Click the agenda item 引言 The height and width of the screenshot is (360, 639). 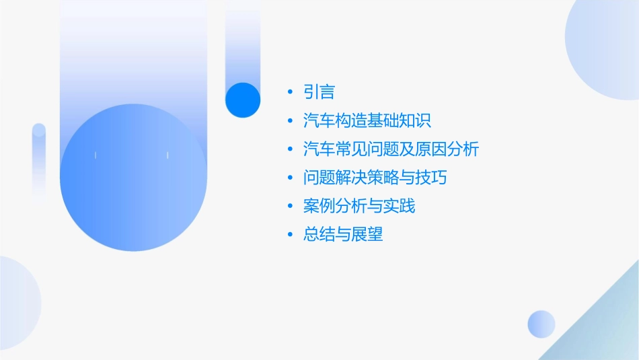click(x=319, y=92)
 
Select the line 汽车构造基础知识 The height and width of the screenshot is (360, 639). click(x=367, y=121)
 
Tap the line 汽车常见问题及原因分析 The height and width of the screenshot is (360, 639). click(x=391, y=149)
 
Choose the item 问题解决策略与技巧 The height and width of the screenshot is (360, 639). click(x=375, y=178)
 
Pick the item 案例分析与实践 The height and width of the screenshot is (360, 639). click(x=359, y=206)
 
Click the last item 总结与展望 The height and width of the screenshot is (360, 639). click(x=343, y=234)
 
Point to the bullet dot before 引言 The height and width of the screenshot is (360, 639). click(x=289, y=92)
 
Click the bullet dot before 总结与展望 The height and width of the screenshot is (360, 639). click(x=289, y=235)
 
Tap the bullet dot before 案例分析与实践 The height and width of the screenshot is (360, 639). click(x=289, y=207)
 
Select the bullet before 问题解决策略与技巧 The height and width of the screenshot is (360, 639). click(x=289, y=178)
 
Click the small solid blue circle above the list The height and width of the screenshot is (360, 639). click(x=242, y=100)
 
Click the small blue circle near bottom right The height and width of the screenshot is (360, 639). click(x=541, y=324)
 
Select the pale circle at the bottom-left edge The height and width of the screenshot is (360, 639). click(x=17, y=303)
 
